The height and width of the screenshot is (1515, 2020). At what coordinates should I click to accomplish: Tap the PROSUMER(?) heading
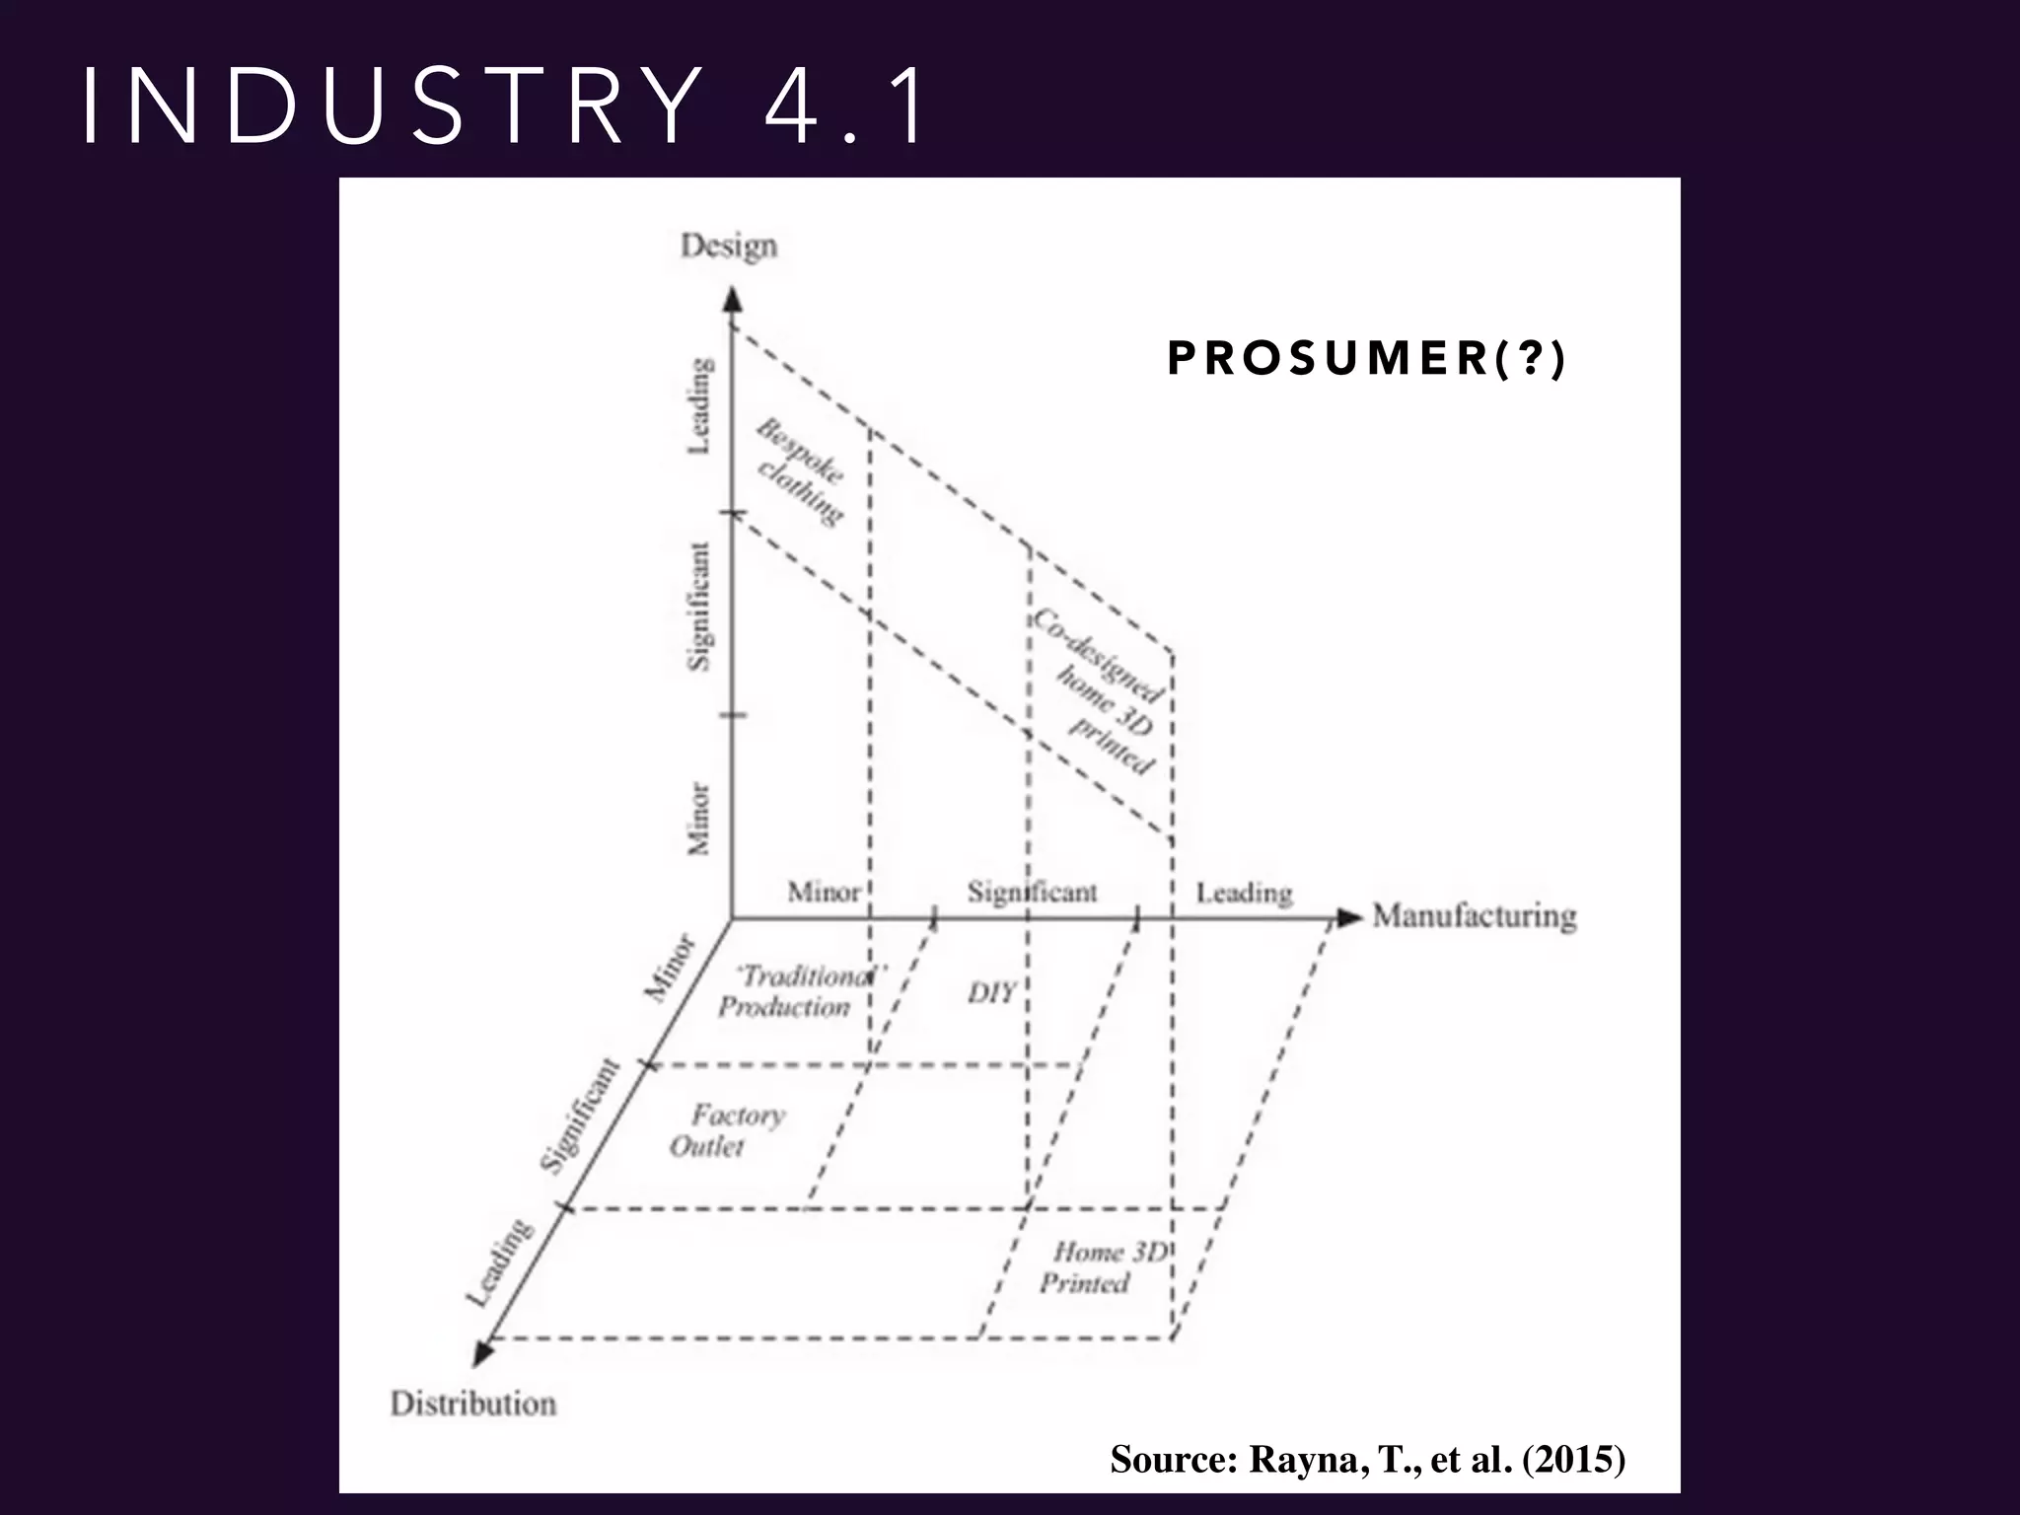tap(1366, 358)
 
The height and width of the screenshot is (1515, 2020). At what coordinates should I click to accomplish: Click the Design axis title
tap(729, 246)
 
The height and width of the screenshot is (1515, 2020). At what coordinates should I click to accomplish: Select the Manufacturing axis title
tap(1475, 916)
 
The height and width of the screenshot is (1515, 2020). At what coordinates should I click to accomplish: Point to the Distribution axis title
tap(473, 1403)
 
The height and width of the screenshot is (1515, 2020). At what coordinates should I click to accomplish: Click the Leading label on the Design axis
tap(698, 405)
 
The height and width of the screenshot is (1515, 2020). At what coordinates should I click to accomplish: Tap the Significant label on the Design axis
tap(698, 606)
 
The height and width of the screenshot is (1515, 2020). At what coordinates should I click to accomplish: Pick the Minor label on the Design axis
tap(698, 818)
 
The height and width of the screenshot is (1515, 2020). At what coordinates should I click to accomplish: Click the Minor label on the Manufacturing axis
tap(824, 893)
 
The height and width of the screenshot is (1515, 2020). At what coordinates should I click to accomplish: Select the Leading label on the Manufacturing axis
tap(1244, 894)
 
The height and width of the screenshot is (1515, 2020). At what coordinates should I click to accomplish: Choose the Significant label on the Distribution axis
tap(580, 1116)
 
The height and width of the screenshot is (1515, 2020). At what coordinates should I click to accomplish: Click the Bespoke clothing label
tap(800, 471)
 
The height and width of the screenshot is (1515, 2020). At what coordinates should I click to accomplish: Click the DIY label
tap(991, 992)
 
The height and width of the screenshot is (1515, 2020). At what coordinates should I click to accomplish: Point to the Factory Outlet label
tap(726, 1130)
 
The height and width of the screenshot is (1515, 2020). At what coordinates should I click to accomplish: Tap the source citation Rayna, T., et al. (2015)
tap(1367, 1458)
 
